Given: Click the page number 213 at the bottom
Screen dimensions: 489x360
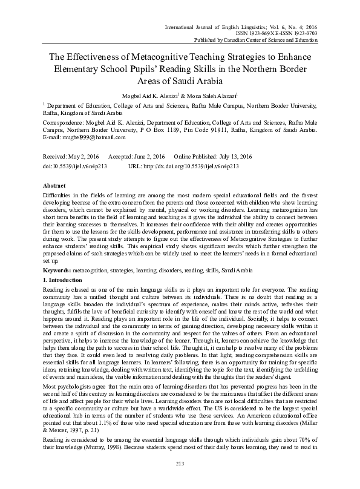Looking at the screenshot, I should [x=180, y=481].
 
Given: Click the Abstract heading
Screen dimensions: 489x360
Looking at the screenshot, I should [x=55, y=185].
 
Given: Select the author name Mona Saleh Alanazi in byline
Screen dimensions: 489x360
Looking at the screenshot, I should [x=213, y=94].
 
